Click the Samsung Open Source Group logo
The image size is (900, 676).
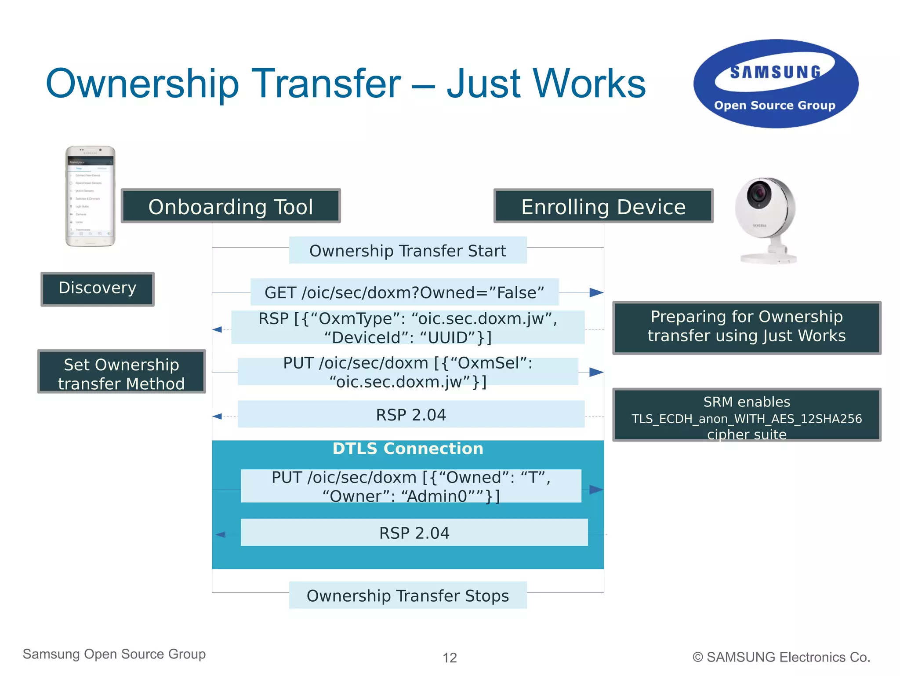pos(776,84)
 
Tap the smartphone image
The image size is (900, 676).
pos(90,196)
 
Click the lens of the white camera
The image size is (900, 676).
pos(759,194)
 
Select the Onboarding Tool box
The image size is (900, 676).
pos(231,206)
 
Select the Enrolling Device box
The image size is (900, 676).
pos(603,206)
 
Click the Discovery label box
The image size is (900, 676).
pos(98,289)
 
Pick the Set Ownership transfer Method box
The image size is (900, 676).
pos(121,372)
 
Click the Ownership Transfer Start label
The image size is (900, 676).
pos(408,250)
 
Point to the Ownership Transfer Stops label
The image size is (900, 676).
pos(408,595)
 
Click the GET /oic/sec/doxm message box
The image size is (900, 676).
pos(404,292)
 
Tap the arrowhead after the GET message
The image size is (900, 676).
pos(596,292)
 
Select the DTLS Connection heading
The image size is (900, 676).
pos(408,449)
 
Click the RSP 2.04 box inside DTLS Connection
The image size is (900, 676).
pos(414,533)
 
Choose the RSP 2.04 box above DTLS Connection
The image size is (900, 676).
pos(411,414)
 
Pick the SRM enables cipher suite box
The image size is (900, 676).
pos(746,415)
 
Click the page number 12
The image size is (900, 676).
pos(450,658)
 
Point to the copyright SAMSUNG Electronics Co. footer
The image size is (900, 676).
pos(781,657)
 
